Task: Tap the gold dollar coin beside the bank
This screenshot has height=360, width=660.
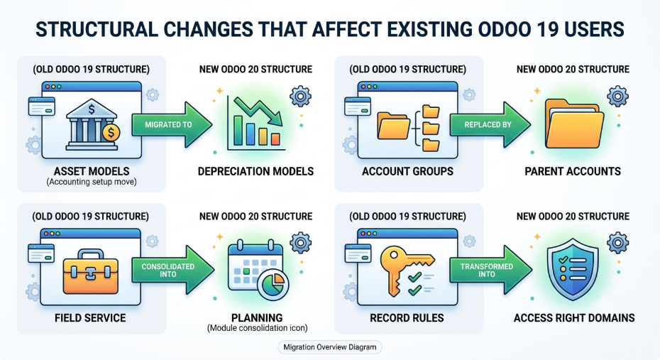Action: point(111,133)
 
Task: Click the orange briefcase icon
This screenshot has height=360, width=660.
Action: point(91,271)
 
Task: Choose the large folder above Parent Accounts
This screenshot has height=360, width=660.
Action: point(574,123)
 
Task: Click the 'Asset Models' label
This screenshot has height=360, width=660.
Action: point(92,171)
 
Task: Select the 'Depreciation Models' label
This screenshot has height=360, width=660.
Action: point(256,171)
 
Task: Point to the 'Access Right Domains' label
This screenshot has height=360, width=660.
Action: point(574,318)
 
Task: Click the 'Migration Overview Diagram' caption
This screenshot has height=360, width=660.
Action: point(330,347)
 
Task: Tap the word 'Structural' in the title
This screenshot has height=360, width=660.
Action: point(97,30)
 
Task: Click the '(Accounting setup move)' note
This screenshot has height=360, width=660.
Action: point(92,182)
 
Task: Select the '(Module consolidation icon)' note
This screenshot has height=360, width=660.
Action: point(257,327)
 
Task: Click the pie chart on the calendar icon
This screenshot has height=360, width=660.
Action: point(273,284)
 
